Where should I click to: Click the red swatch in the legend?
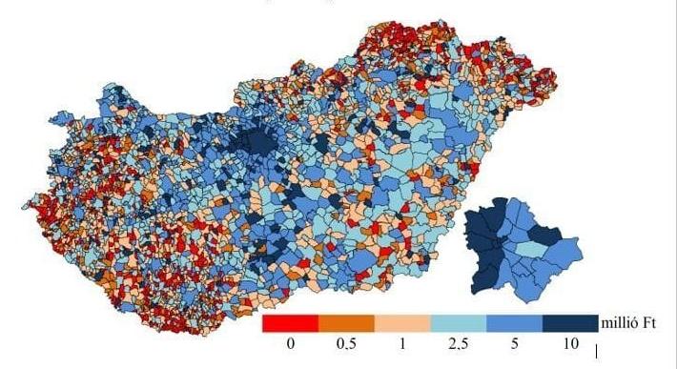(290, 324)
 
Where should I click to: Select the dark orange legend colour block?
(346, 324)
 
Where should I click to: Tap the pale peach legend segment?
(402, 324)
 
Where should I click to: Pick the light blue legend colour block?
(459, 324)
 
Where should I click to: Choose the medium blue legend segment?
(515, 324)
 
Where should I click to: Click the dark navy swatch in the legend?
(570, 324)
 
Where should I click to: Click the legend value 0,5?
(347, 343)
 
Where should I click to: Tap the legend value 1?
(402, 343)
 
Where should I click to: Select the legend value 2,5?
(459, 343)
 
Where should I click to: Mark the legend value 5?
(515, 343)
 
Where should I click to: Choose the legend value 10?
(570, 343)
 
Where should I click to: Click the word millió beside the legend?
(621, 323)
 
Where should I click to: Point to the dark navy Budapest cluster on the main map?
(257, 143)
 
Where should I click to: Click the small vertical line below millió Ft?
(597, 353)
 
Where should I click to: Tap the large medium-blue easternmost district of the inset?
(564, 253)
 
